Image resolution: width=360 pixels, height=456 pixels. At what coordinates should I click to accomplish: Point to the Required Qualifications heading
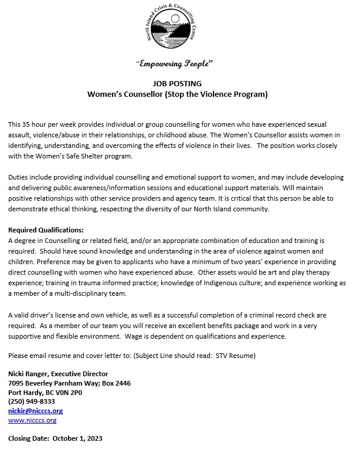[46, 229]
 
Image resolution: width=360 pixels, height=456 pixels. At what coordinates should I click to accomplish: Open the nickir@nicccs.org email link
[35, 411]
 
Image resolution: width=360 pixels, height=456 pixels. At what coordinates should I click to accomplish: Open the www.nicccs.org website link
[32, 420]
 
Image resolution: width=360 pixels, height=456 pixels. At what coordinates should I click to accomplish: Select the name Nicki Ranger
[30, 373]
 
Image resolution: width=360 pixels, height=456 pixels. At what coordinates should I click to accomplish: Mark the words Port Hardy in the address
[27, 392]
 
